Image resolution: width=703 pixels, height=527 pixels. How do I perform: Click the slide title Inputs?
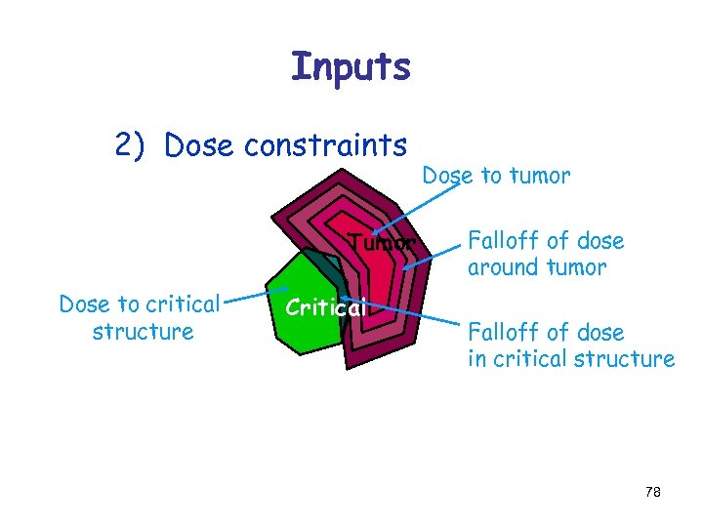(351, 66)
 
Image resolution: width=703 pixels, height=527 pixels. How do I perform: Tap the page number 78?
(653, 493)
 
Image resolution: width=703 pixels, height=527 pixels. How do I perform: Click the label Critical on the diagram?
(325, 307)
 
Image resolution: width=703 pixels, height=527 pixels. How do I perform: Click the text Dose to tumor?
(495, 176)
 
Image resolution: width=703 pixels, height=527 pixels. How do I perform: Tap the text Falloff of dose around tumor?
(546, 254)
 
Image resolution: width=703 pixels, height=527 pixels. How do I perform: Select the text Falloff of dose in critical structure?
(570, 345)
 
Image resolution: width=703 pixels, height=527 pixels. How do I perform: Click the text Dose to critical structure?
(140, 317)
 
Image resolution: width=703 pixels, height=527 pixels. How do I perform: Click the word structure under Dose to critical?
(143, 332)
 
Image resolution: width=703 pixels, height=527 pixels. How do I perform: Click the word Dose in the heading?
(200, 145)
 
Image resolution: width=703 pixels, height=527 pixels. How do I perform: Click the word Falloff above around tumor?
(505, 241)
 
